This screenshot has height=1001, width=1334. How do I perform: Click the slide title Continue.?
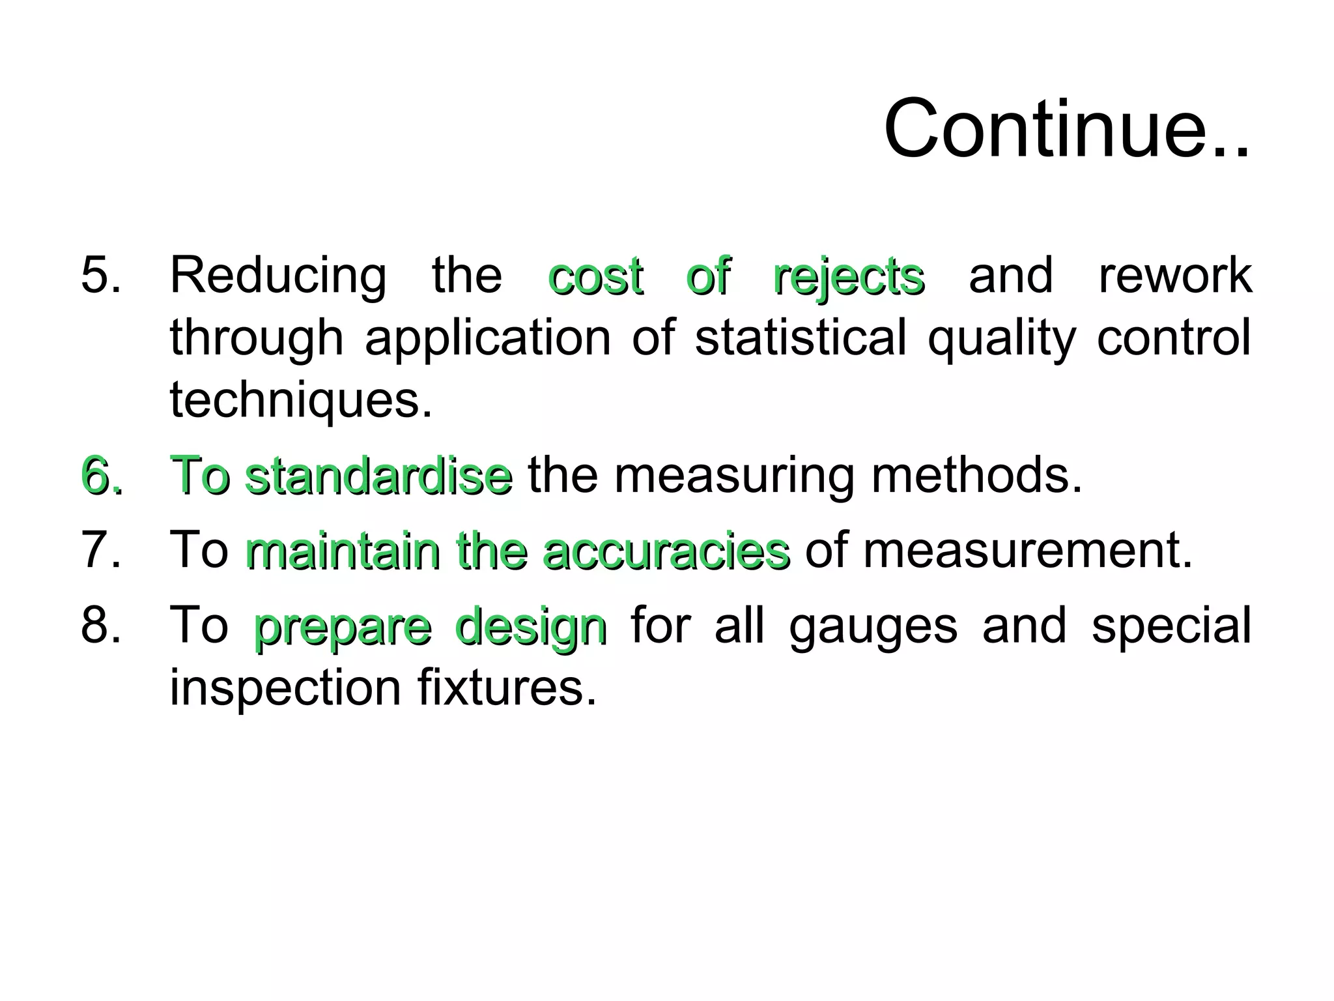[1066, 128]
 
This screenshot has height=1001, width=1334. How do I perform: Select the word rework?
[1175, 275]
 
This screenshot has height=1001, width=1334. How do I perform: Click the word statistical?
[801, 338]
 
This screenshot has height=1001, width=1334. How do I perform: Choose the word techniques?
[301, 400]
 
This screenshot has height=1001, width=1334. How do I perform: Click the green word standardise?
[380, 475]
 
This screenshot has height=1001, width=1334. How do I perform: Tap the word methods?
[977, 475]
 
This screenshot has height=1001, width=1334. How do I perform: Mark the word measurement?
[1028, 550]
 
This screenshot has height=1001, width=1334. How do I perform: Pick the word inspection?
[285, 688]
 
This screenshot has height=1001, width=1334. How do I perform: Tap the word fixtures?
[507, 687]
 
